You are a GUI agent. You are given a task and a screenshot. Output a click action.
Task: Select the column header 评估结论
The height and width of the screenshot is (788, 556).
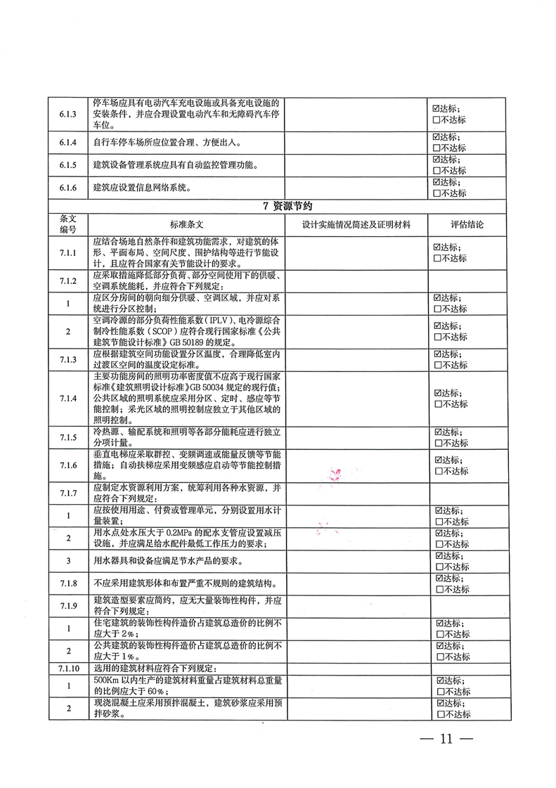click(x=467, y=225)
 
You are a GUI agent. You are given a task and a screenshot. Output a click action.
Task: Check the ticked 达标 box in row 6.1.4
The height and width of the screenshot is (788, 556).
click(x=437, y=137)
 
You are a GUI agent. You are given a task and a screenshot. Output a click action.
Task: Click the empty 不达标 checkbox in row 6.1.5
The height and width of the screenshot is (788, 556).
click(x=437, y=170)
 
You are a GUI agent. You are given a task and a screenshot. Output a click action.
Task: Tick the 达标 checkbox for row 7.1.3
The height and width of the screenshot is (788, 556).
click(x=437, y=354)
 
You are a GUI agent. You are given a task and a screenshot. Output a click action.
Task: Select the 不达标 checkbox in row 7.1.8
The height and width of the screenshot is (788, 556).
click(x=437, y=589)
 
